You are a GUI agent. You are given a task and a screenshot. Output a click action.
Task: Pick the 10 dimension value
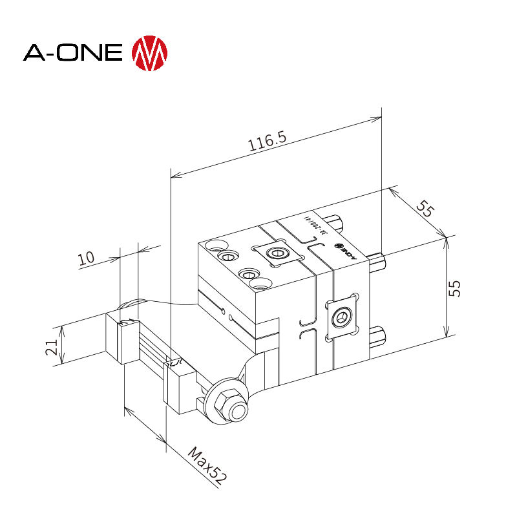pos(87,258)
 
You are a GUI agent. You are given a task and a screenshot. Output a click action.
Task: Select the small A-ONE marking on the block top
pos(343,248)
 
